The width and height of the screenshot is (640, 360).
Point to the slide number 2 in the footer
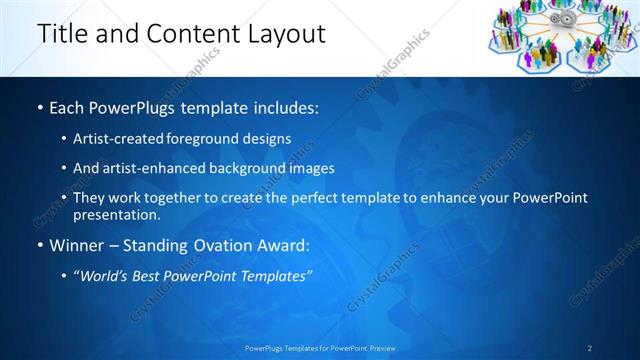click(x=590, y=348)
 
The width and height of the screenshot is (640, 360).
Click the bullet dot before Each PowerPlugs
click(x=39, y=106)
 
